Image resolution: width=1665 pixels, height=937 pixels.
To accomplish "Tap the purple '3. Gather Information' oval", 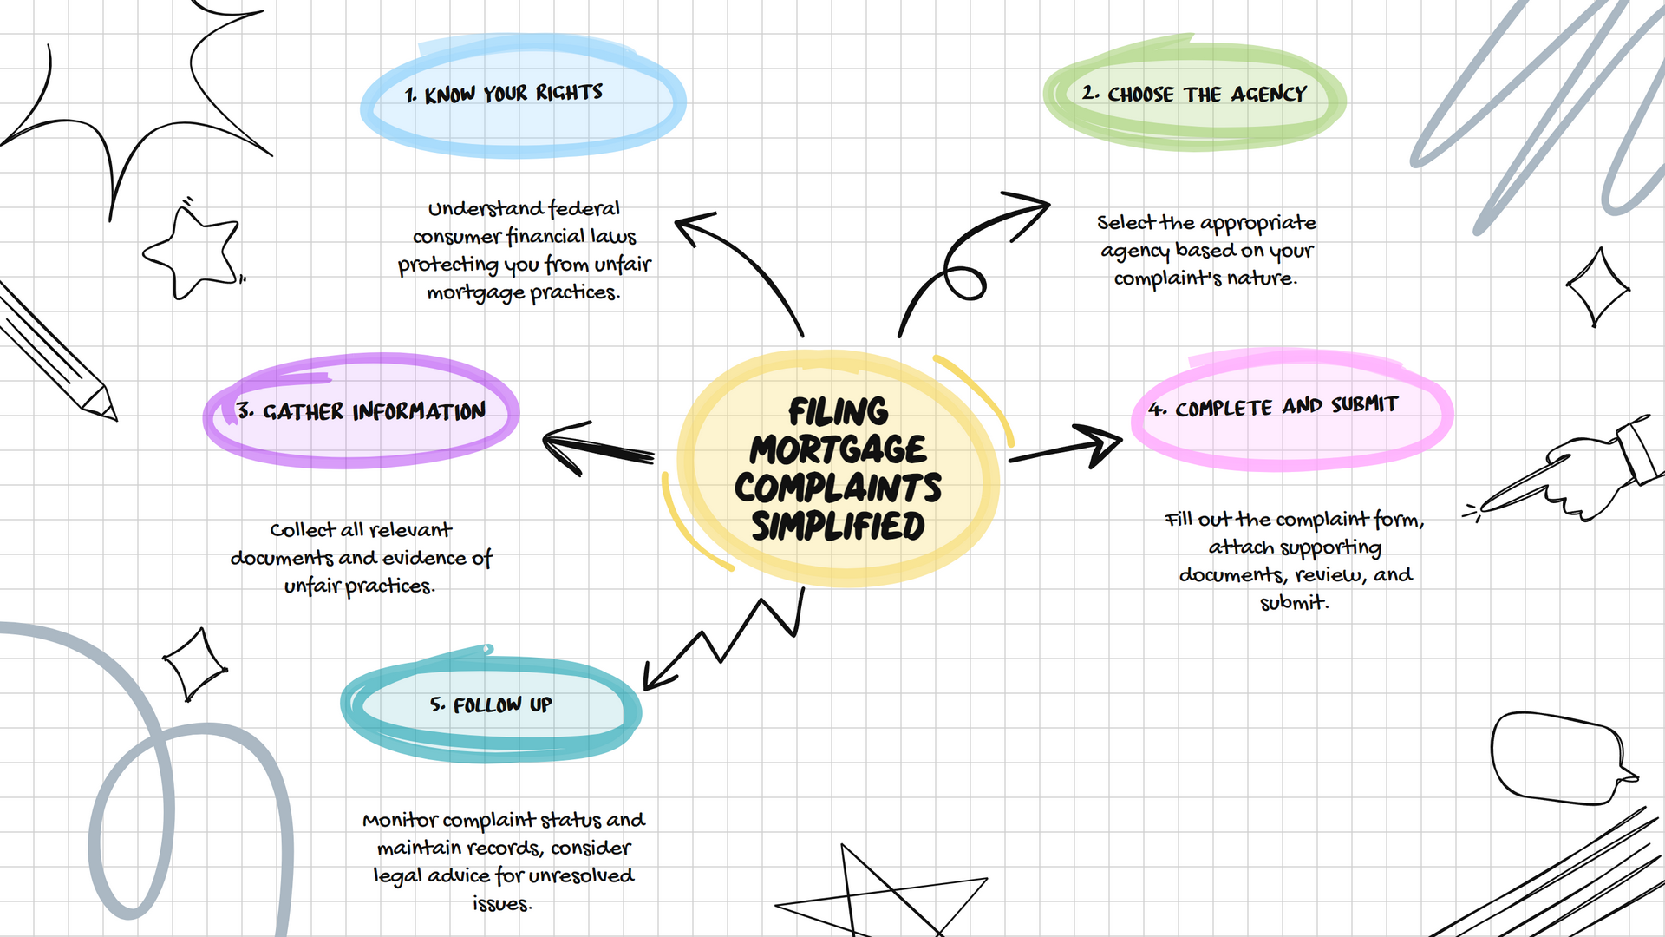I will pos(361,411).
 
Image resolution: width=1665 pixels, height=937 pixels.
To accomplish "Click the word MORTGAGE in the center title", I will pos(838,450).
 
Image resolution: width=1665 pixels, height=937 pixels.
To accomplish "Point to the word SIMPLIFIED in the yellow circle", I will pos(838,527).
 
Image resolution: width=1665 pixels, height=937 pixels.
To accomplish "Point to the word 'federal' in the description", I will pos(584,209).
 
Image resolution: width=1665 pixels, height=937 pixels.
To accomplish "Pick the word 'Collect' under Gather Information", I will pos(302,530).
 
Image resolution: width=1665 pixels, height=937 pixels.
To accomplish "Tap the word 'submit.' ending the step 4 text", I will pos(1294,603).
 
